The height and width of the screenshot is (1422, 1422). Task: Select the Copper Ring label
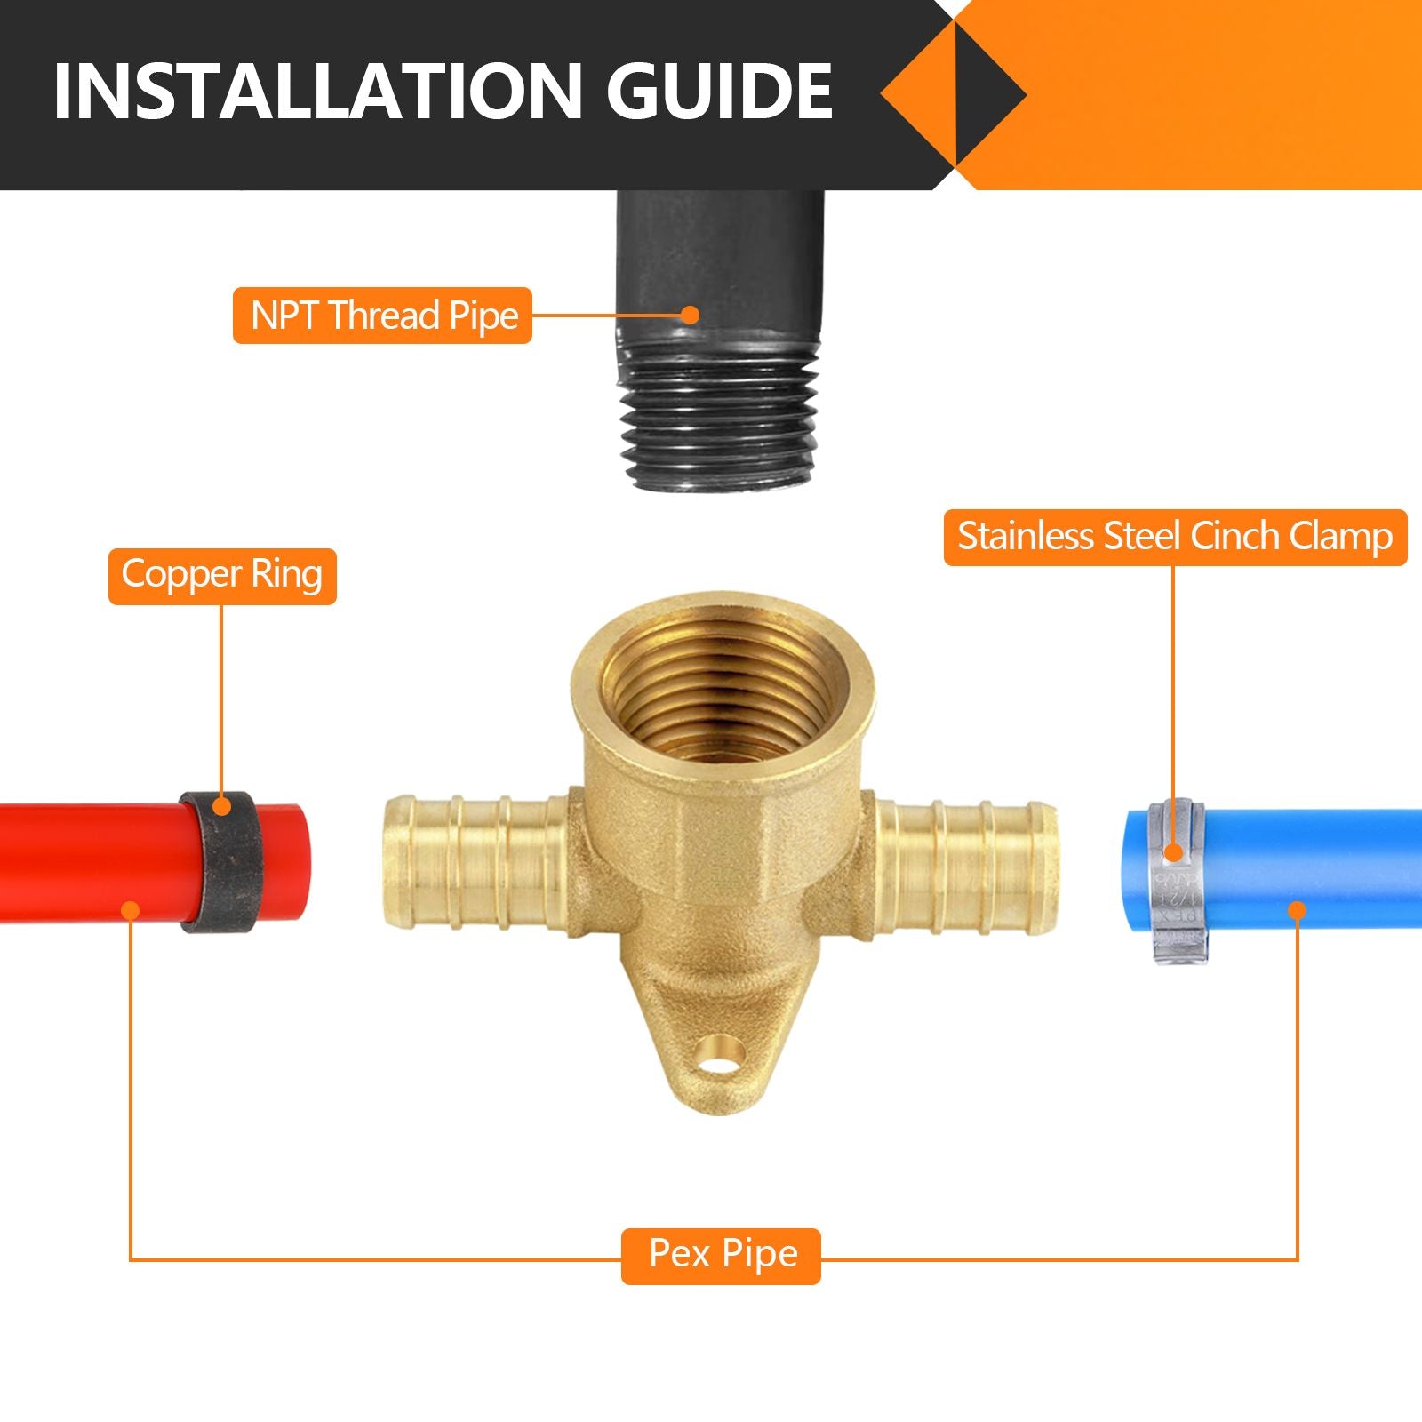tap(222, 576)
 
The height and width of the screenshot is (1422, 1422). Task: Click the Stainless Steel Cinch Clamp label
tap(1175, 537)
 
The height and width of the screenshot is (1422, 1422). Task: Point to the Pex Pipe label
tap(721, 1255)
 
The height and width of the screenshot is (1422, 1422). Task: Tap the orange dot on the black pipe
tap(691, 315)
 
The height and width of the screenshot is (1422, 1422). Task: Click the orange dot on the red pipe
tap(131, 910)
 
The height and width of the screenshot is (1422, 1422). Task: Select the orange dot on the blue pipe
tap(1297, 910)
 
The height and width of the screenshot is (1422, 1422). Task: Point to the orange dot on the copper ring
tap(222, 807)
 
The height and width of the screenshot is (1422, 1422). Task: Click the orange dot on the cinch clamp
tap(1174, 853)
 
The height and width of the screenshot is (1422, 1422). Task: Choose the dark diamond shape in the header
tap(988, 92)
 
